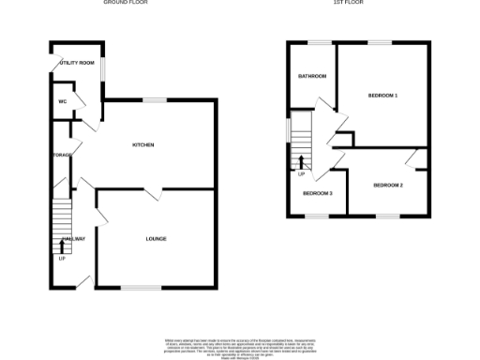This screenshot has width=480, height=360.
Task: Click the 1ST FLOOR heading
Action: click(x=348, y=3)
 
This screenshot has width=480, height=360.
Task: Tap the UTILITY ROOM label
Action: click(x=77, y=63)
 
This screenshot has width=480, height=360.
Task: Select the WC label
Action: click(x=62, y=101)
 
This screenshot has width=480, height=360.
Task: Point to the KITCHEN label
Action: click(x=142, y=144)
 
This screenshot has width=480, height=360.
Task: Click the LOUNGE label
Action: click(x=156, y=238)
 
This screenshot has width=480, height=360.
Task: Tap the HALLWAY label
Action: click(x=73, y=239)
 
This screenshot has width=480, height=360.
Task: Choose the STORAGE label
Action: click(x=62, y=155)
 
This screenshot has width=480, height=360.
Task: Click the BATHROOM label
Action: click(x=311, y=76)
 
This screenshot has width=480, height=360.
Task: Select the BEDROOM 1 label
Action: click(x=382, y=96)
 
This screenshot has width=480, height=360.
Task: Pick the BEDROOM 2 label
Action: click(x=387, y=185)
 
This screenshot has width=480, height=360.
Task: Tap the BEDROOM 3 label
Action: click(x=317, y=193)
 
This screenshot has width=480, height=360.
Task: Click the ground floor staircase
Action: click(x=62, y=225)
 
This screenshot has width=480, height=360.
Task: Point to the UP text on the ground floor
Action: click(x=62, y=258)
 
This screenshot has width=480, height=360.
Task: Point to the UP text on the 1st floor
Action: click(x=301, y=174)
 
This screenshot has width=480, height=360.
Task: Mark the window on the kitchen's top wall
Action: click(x=155, y=99)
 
